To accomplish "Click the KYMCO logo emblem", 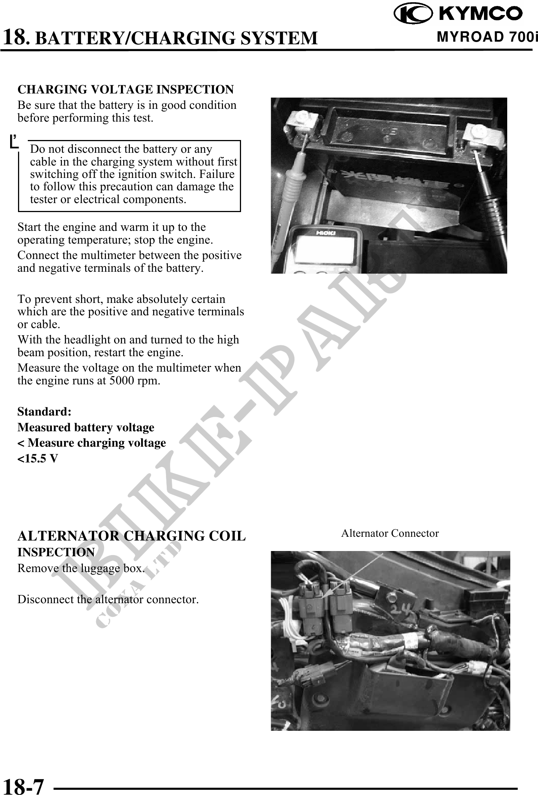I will point(413,14).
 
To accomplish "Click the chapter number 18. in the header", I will point(17,37).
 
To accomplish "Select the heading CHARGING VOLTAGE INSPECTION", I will point(126,90).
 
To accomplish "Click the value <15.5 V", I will point(38,458).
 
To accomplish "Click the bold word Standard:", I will point(44,412).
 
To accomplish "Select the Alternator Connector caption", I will point(390,533).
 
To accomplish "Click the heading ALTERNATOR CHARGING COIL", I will point(131,536).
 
